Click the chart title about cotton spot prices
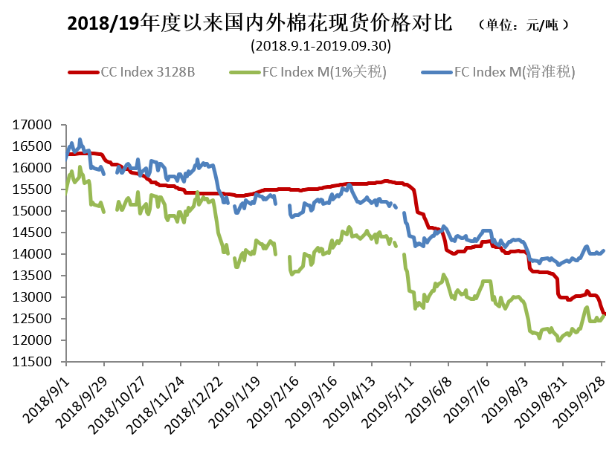coord(260,24)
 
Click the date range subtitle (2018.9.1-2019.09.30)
coord(321,46)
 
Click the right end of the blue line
coord(603,251)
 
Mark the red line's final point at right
coord(604,314)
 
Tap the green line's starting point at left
coord(66,193)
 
